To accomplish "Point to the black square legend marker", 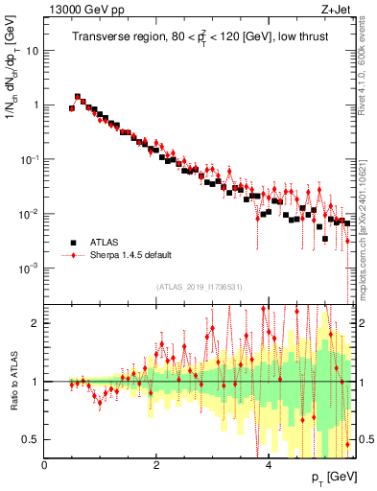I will (x=72, y=243).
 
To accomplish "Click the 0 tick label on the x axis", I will (x=45, y=464).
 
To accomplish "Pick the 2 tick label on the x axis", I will (x=156, y=464).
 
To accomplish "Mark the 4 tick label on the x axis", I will (x=268, y=464).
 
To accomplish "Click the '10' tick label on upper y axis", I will (x=32, y=51).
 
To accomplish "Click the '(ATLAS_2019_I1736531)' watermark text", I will (x=199, y=287).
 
